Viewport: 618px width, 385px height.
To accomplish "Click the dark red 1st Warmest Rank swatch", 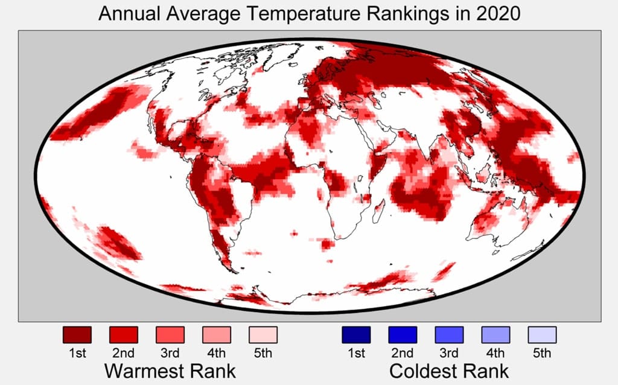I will click(x=77, y=334).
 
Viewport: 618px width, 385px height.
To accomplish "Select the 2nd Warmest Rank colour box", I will click(x=123, y=334).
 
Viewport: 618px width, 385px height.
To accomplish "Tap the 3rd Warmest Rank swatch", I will click(x=170, y=334).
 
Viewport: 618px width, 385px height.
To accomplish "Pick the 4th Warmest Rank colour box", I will click(x=216, y=334).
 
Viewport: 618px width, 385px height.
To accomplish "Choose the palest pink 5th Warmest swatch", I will click(x=263, y=334).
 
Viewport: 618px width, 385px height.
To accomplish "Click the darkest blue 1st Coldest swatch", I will click(x=355, y=334).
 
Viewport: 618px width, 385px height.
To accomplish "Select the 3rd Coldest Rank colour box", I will click(x=448, y=334).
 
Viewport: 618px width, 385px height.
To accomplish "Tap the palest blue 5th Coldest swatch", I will click(x=542, y=334).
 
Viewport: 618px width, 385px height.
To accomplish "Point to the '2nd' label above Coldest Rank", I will click(x=402, y=353).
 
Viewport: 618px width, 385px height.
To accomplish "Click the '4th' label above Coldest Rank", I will click(x=495, y=353).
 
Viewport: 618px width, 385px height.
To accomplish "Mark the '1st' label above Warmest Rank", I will click(x=77, y=353).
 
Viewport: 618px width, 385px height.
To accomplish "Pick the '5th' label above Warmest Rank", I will click(x=263, y=353).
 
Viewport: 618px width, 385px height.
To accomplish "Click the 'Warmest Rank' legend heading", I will click(x=170, y=370).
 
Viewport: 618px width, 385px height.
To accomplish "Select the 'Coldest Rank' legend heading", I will click(x=449, y=370).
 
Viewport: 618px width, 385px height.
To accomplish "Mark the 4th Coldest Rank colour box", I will click(x=495, y=334).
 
